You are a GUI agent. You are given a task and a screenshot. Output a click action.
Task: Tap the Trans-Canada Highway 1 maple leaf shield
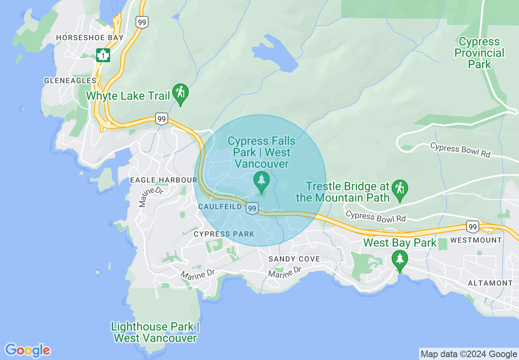point(103,55)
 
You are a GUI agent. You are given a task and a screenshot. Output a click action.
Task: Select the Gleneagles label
point(70,81)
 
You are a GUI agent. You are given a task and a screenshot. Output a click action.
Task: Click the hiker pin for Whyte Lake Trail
point(180,94)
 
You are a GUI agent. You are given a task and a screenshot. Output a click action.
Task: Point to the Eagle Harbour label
point(163,180)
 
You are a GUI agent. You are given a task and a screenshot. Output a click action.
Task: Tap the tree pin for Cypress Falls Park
point(261,181)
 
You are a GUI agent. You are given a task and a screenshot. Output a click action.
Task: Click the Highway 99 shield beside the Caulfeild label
point(252,209)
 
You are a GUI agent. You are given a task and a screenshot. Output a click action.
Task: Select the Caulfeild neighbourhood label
point(220,207)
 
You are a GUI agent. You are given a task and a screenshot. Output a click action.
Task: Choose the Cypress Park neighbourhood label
point(224,234)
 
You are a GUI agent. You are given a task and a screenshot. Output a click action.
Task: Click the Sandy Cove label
point(294,259)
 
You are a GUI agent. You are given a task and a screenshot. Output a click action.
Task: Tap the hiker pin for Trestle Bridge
point(399,190)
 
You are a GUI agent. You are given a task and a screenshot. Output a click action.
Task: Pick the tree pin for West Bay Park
point(399,260)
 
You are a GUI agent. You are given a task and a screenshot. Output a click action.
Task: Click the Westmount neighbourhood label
point(476,240)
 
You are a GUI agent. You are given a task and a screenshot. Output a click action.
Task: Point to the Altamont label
point(490,283)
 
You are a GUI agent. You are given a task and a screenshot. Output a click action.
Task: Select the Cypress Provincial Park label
point(479,53)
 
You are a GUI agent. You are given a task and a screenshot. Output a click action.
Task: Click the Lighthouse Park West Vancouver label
point(155,332)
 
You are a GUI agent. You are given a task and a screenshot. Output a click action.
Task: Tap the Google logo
point(27,350)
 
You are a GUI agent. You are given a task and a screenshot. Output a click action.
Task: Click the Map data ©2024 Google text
point(469,354)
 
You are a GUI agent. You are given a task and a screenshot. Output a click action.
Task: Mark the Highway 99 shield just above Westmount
point(473,226)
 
